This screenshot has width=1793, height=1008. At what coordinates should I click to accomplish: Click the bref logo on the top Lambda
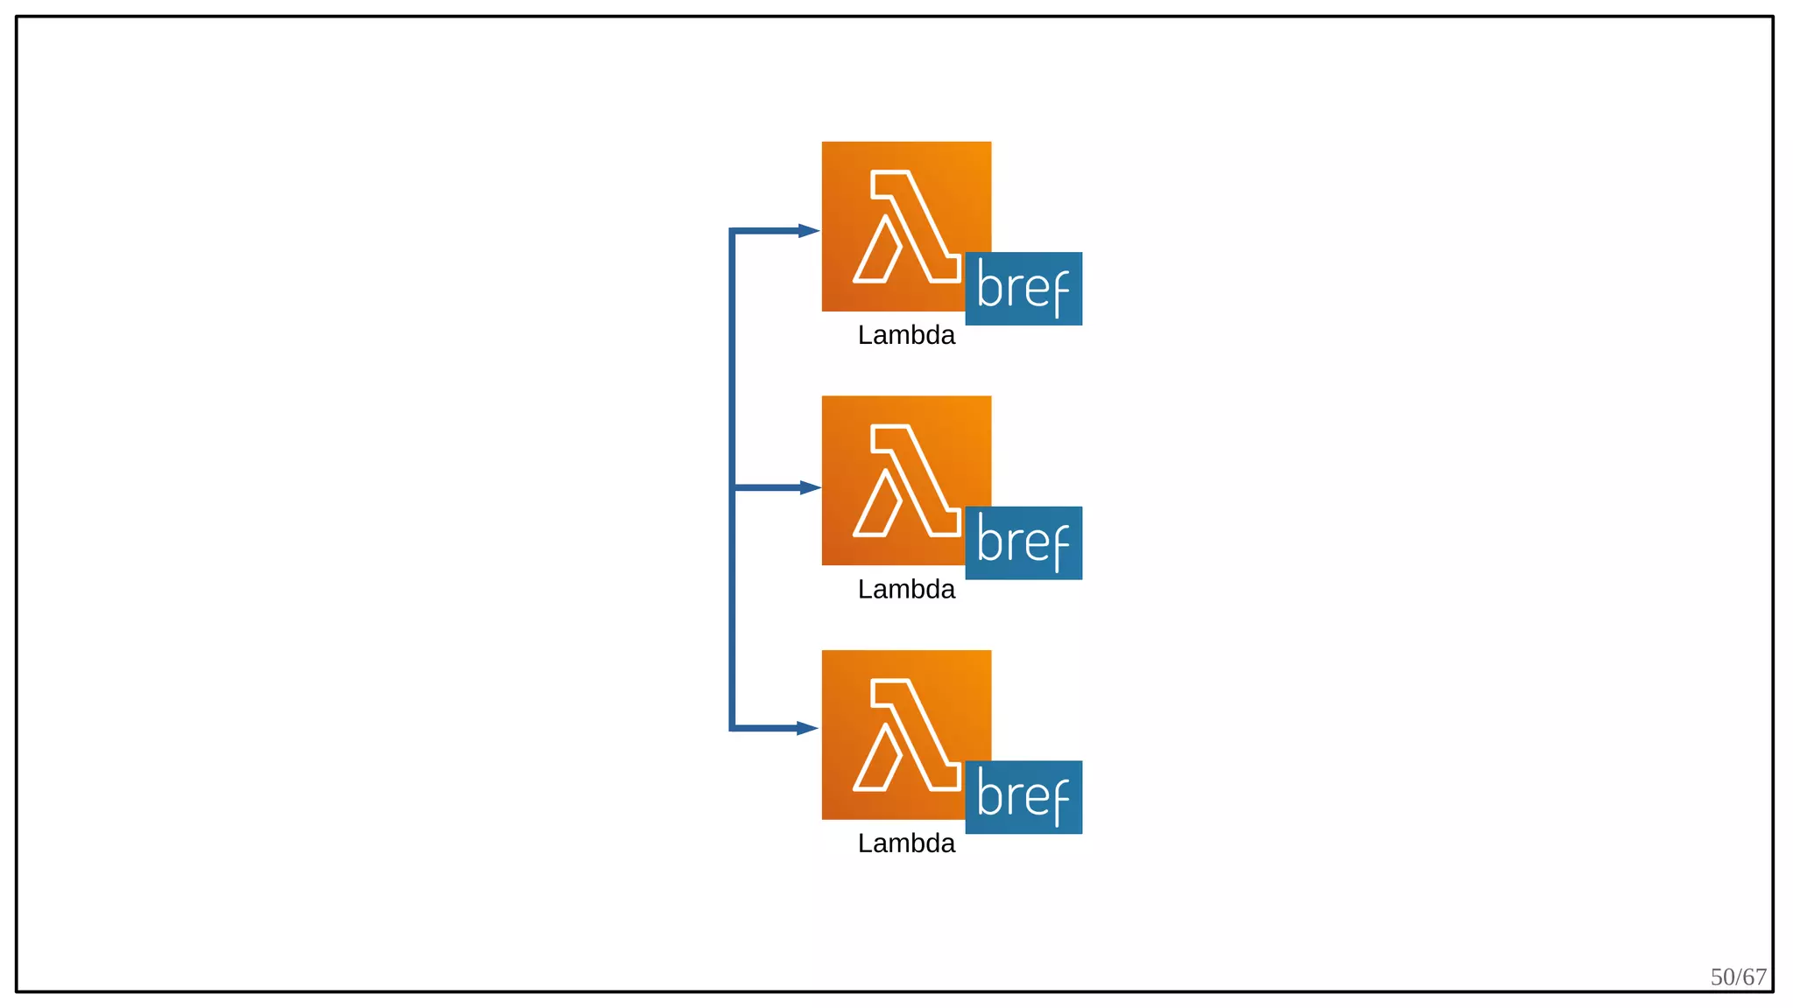[x=1023, y=289]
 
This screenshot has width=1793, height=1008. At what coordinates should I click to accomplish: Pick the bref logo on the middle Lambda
[x=1023, y=542]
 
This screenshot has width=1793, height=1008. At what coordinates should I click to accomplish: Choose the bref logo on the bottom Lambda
[x=1023, y=797]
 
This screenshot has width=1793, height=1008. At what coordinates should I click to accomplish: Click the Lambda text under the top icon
[x=906, y=335]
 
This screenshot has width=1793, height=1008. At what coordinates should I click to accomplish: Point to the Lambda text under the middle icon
[x=906, y=589]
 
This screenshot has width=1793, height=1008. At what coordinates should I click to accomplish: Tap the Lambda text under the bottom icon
[x=906, y=843]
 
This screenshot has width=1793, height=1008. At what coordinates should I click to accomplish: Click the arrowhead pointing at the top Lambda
[x=808, y=231]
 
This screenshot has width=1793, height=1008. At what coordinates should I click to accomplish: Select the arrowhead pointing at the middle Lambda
[x=809, y=487]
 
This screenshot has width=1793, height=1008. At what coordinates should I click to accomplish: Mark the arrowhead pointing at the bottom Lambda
[x=807, y=728]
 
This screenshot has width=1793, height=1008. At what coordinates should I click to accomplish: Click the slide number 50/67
[x=1738, y=976]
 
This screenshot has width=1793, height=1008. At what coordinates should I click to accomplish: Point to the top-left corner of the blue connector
[x=732, y=231]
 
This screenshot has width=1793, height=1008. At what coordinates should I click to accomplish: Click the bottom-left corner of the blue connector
[x=732, y=728]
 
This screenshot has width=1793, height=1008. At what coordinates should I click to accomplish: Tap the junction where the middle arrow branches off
[x=732, y=487]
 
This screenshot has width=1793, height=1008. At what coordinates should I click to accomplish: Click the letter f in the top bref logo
[x=1058, y=291]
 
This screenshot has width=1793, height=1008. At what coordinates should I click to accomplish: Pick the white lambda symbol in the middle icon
[x=906, y=480]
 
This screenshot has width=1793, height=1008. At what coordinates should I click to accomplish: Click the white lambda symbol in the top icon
[x=906, y=227]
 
